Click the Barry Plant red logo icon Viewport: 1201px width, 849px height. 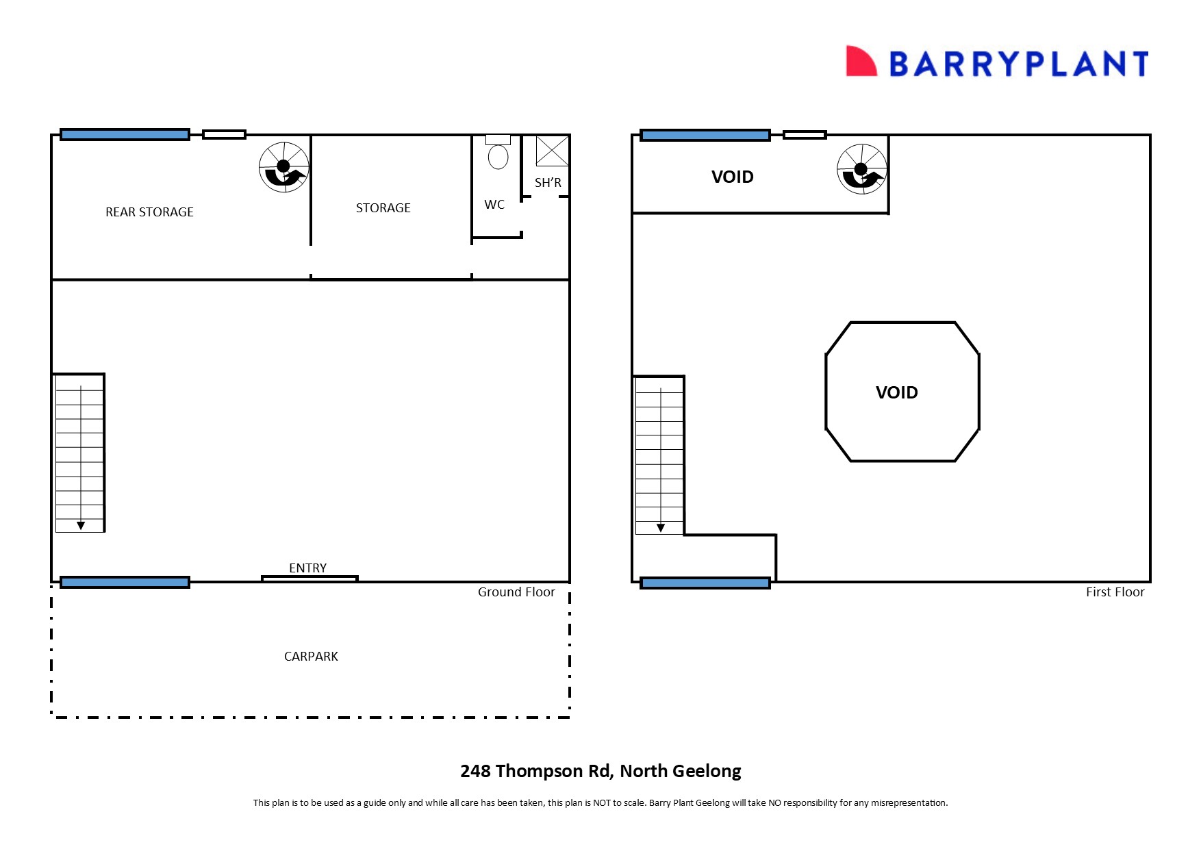click(x=861, y=62)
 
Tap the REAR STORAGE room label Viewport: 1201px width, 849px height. click(x=149, y=212)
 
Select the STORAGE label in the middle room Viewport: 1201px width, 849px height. click(x=383, y=208)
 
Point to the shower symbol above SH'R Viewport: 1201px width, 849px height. click(x=552, y=151)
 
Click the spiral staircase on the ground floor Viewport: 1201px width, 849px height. click(x=284, y=167)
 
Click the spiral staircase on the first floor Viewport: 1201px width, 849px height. click(x=862, y=169)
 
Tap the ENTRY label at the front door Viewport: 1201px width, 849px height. click(x=307, y=568)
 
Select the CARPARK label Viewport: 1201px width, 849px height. click(x=311, y=657)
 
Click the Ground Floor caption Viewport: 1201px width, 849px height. click(x=516, y=592)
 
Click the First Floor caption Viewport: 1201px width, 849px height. click(x=1115, y=592)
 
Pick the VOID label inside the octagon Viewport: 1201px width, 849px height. click(x=896, y=392)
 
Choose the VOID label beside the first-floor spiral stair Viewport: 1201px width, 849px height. click(x=732, y=177)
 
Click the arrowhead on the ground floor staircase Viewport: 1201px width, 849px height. click(x=81, y=526)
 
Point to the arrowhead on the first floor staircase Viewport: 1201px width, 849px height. click(x=661, y=528)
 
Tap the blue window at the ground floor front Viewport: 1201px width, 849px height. click(x=125, y=583)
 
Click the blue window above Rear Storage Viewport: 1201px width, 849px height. click(x=125, y=135)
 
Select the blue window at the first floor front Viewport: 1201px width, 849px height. click(x=705, y=583)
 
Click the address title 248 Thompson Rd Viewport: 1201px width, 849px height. click(x=600, y=772)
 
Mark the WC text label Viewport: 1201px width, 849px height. click(x=494, y=205)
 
